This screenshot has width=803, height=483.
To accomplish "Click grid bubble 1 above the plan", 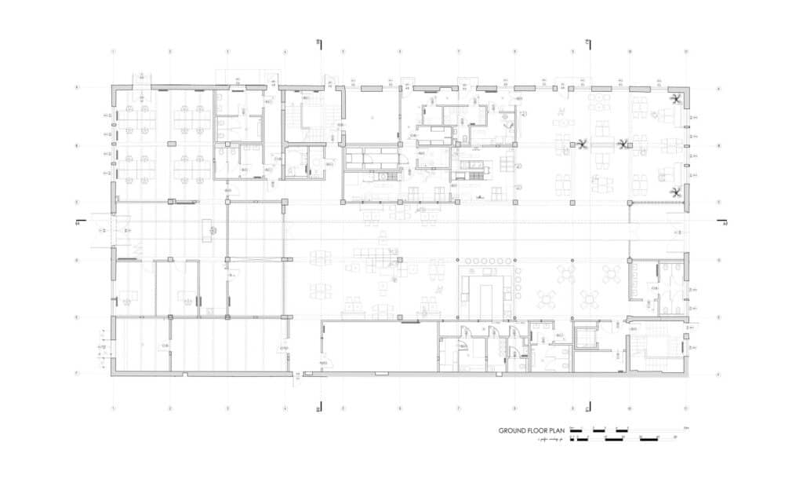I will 113,52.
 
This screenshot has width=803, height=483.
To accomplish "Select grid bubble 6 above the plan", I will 400,52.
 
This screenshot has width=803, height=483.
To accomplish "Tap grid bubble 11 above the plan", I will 687,52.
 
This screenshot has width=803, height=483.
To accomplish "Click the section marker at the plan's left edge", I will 77,224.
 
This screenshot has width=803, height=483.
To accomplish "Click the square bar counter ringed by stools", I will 487,287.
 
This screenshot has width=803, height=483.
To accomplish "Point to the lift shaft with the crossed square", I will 585,337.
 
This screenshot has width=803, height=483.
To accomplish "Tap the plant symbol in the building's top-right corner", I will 676,98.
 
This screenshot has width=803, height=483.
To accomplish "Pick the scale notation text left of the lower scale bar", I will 552,440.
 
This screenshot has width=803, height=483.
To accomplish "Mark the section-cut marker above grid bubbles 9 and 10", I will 587,42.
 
